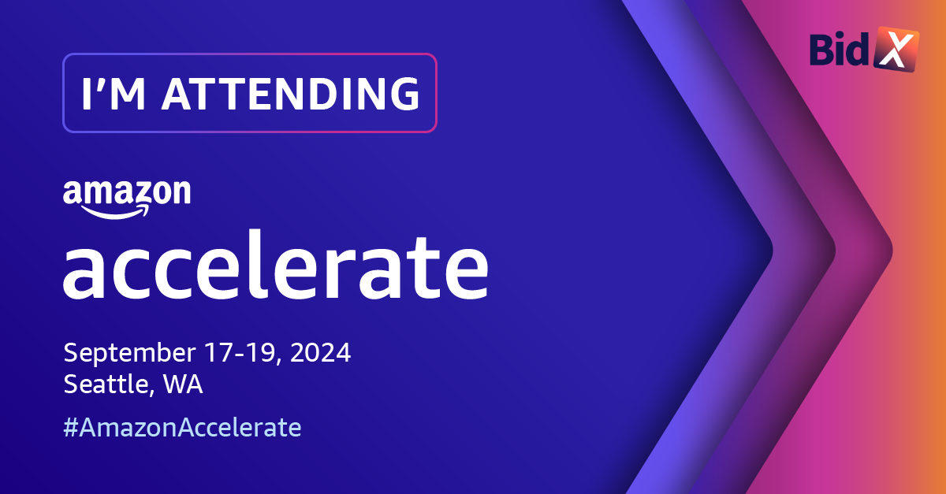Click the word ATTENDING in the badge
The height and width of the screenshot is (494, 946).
coord(291,93)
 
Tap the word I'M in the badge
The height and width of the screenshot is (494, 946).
coord(114,93)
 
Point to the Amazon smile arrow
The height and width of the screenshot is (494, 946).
coord(115,211)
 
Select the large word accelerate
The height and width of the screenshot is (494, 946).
coord(276,265)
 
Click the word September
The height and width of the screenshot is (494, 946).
coord(129,353)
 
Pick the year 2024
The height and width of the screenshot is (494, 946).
coord(321,352)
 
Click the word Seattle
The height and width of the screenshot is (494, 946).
coord(106,384)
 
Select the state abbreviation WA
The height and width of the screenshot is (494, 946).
coord(183,384)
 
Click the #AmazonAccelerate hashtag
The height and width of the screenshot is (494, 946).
coord(182,427)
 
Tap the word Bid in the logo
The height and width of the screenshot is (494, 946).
coord(839,50)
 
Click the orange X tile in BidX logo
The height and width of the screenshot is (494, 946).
coord(896,49)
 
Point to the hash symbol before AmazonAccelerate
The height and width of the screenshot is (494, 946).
coord(71,427)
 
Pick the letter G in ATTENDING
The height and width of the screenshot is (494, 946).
coord(404,93)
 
